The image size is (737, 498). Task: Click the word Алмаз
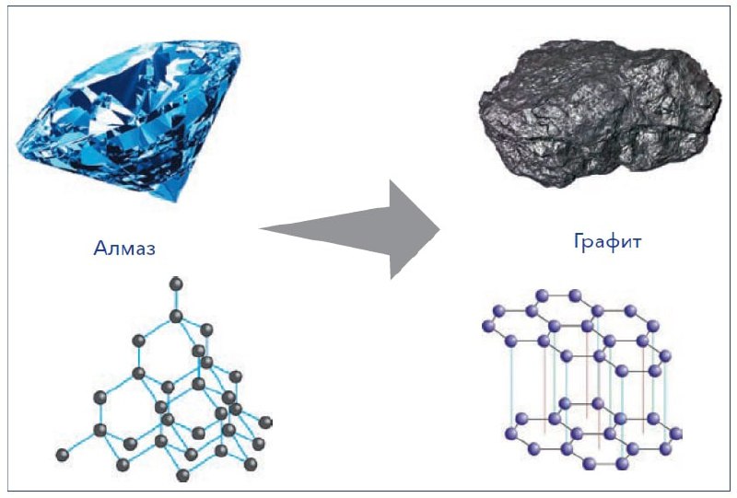[124, 247]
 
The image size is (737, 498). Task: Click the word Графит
[608, 241]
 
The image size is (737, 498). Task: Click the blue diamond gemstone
[128, 121]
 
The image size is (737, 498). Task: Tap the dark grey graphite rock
[600, 114]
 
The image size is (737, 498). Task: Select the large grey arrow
[357, 229]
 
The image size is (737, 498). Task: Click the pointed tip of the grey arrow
[439, 230]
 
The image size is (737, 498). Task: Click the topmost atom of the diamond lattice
[176, 284]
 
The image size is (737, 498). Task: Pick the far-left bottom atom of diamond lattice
[63, 455]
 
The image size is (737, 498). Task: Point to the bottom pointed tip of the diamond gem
[175, 201]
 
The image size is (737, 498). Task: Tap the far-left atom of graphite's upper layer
[489, 326]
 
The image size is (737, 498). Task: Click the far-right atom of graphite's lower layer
[676, 434]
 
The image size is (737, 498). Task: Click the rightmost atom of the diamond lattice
[265, 423]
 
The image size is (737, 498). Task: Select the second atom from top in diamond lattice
[176, 316]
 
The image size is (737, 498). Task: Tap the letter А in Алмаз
[100, 248]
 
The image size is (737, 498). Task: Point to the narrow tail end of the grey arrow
[261, 229]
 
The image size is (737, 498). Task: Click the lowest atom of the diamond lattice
[182, 475]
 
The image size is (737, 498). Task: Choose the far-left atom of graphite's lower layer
[510, 434]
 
